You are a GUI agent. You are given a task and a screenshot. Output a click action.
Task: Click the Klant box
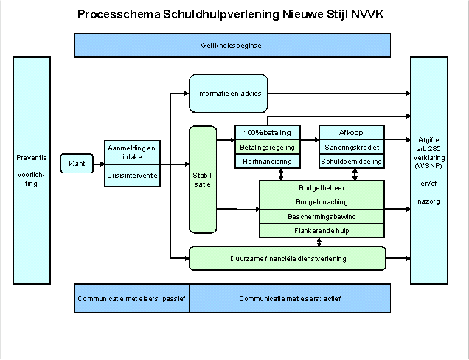[x=77, y=163]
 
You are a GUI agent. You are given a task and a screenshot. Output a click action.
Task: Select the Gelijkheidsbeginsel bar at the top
[x=232, y=45]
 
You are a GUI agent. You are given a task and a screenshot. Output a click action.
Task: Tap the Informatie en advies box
[x=229, y=94]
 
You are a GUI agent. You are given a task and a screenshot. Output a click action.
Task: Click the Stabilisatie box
[x=201, y=179]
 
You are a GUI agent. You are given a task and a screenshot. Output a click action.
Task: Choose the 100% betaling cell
[x=267, y=133]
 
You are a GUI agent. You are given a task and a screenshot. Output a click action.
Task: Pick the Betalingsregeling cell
[x=267, y=147]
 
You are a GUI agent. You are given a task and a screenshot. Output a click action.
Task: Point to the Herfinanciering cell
[x=267, y=161]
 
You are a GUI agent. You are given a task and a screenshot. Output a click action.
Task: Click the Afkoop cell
[x=350, y=133]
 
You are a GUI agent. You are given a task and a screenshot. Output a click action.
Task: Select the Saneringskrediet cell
[x=350, y=147]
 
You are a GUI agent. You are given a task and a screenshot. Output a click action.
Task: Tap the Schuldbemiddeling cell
[x=350, y=161]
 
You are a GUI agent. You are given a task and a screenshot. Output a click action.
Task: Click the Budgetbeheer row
[x=322, y=188]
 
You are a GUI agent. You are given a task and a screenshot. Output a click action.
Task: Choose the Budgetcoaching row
[x=322, y=201]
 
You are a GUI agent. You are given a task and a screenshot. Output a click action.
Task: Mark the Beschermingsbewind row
[x=322, y=216]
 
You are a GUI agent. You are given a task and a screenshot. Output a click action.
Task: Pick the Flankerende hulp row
[x=322, y=230]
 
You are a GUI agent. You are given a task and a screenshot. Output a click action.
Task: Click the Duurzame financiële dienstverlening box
[x=288, y=259]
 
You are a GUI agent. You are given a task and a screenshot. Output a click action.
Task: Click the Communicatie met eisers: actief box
[x=290, y=298]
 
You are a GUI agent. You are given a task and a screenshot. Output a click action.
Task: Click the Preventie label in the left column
[x=32, y=157]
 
